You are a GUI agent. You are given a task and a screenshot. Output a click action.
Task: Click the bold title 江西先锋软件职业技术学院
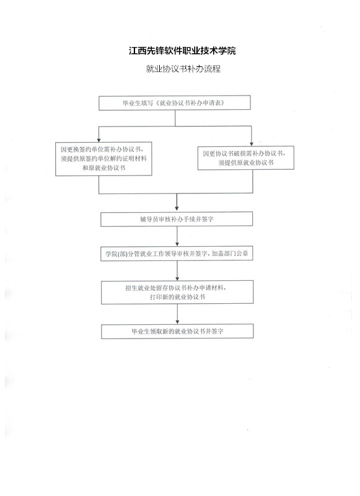(182, 51)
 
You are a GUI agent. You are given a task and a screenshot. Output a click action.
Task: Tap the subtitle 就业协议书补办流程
(183, 69)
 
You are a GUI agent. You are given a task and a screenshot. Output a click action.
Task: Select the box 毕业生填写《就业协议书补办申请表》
(175, 103)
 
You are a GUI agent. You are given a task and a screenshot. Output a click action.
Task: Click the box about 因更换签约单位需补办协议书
(103, 159)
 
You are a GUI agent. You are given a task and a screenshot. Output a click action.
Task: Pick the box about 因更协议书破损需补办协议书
(246, 158)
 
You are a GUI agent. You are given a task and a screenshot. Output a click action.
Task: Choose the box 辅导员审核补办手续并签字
(177, 219)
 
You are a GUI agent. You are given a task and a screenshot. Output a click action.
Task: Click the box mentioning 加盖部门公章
(177, 254)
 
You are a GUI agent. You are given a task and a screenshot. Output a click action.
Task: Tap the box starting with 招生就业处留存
(177, 292)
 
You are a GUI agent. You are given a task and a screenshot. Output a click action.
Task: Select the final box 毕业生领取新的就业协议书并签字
(177, 332)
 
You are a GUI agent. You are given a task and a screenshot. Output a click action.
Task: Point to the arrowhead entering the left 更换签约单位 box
(99, 140)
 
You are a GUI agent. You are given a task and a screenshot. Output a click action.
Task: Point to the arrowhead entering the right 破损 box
(252, 144)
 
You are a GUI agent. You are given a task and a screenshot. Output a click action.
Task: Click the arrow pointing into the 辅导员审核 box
(177, 203)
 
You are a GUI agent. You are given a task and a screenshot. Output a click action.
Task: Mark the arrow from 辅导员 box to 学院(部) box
(177, 237)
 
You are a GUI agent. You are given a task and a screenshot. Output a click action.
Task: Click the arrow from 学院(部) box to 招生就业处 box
(177, 271)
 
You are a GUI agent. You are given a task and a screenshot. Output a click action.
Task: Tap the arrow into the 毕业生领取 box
(177, 314)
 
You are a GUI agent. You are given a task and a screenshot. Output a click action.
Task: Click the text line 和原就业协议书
(103, 168)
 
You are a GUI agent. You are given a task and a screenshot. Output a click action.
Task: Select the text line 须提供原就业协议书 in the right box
(246, 162)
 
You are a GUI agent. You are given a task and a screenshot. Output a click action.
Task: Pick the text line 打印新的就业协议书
(177, 297)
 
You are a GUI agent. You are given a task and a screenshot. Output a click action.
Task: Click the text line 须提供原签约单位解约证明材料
(103, 159)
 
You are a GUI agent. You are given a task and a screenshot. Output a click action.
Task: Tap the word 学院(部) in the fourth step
(116, 254)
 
